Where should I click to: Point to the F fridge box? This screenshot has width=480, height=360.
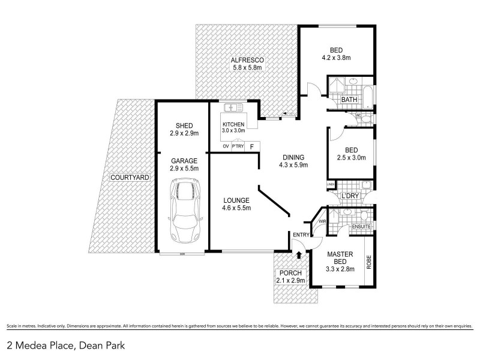[x=252, y=146]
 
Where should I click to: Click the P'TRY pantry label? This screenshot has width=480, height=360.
[x=238, y=146]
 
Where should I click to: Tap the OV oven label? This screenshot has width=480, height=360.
[x=226, y=146]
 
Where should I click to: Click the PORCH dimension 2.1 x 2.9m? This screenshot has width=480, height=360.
[x=290, y=281]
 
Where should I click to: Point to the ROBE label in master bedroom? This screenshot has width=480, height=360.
[x=369, y=262]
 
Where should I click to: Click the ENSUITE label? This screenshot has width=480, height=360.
[x=361, y=227]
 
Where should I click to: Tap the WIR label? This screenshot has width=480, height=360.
[x=322, y=221]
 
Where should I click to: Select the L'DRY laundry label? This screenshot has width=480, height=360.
[x=349, y=196]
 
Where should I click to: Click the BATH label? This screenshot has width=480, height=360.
[x=349, y=99]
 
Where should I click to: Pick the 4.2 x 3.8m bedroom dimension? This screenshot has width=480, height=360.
[x=335, y=58]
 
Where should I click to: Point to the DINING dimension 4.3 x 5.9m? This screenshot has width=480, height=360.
[x=295, y=166]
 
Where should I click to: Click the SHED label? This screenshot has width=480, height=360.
[x=184, y=125]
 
